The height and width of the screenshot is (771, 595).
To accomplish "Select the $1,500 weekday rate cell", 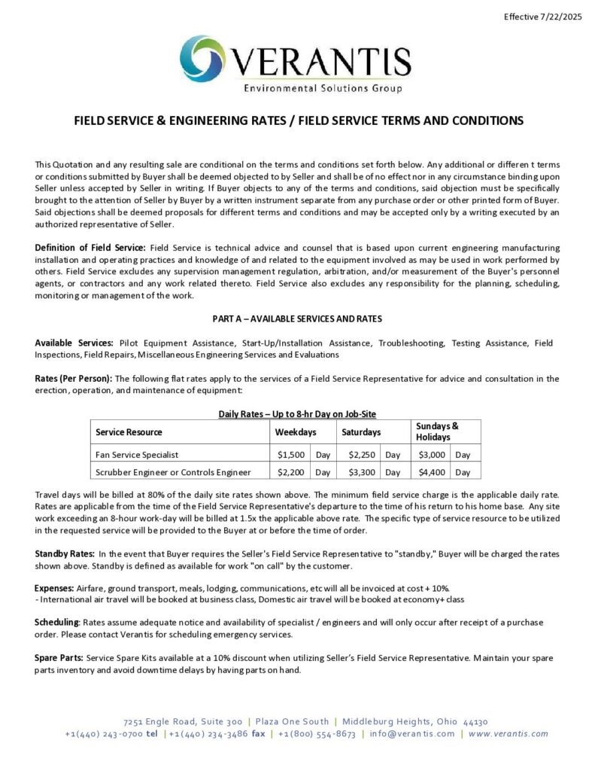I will pos(291,455).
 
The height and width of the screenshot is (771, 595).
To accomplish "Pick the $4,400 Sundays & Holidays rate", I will pos(433,472).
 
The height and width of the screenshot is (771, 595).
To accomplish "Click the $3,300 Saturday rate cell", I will pos(363,472).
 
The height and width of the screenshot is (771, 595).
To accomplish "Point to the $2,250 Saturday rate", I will pos(363,455).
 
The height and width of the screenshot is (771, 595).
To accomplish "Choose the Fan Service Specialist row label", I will pos(137,455).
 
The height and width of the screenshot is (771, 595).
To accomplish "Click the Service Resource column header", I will pos(129,432).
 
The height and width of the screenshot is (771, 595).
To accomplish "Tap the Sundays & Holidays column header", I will pos(437,431).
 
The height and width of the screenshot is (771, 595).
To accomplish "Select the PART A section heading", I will pos(297,318).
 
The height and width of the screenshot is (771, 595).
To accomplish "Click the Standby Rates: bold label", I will pos(65,554).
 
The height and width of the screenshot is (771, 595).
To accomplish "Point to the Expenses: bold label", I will pos(54,587).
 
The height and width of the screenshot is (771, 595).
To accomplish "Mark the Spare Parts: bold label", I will pos(59,658).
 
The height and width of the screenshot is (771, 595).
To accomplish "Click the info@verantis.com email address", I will pos(412,734).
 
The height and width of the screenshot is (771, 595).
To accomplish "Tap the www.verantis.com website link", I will pos(508,734).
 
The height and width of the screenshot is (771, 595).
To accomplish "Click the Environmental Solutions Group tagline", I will pos(322,89).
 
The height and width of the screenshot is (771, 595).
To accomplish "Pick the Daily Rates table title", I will pos(297,413).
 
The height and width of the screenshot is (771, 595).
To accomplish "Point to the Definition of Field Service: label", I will pos(90,248).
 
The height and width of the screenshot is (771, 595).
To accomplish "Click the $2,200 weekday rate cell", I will pos(291,472).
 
